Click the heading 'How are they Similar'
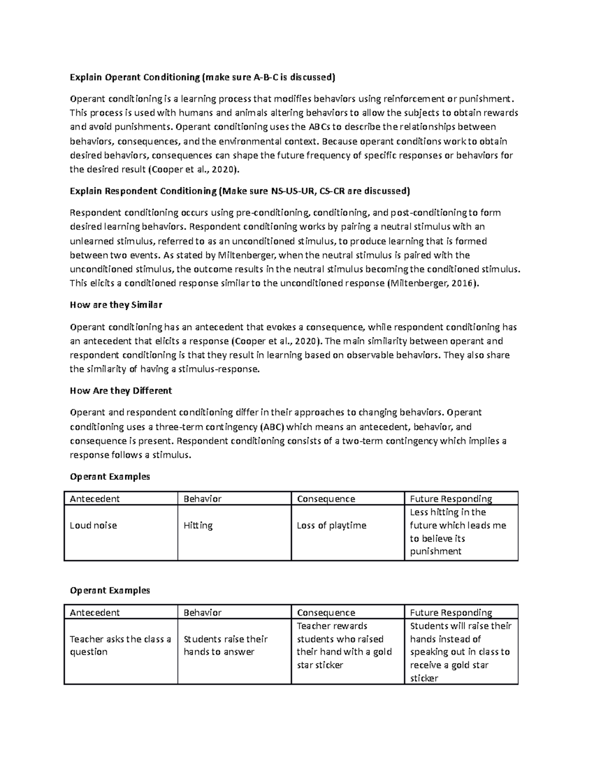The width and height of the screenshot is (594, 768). coord(116,305)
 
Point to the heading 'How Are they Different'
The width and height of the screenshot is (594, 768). coord(121,391)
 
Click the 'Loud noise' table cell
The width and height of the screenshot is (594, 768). coord(94,526)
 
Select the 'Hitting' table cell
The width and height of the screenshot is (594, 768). coord(198,526)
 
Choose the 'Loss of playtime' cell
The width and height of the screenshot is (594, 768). coord(331,526)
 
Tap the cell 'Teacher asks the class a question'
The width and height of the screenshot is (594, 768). coord(120,645)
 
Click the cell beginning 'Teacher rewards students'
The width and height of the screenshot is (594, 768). coord(344,645)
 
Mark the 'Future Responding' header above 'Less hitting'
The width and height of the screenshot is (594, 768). coord(451,498)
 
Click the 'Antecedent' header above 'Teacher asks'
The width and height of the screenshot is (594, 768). coord(95,613)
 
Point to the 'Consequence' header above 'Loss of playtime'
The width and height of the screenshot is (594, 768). coord(326,498)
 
